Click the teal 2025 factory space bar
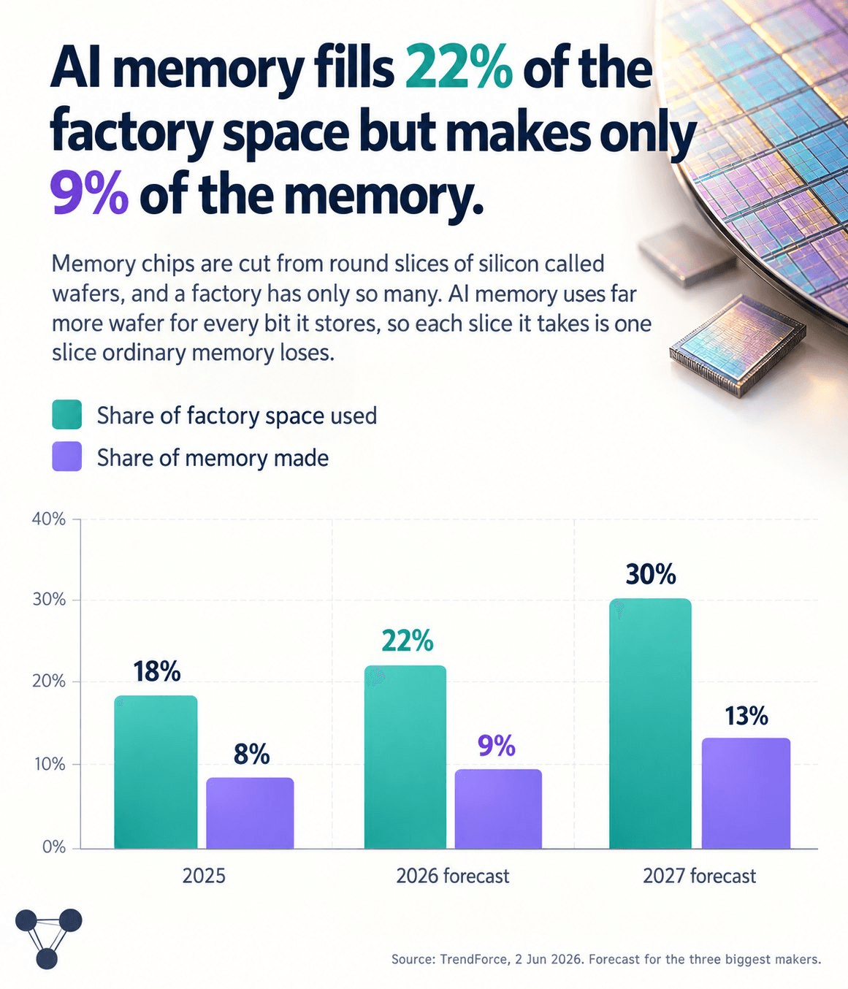(x=156, y=772)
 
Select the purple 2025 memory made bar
(x=250, y=813)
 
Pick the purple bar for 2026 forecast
(x=498, y=809)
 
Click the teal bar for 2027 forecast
(x=650, y=723)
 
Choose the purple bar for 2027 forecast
(x=746, y=793)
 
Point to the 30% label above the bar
(x=650, y=574)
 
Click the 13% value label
(x=746, y=717)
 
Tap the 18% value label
(x=157, y=671)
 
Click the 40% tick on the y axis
(x=49, y=519)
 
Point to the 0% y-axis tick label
(x=53, y=847)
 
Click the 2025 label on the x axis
(x=204, y=876)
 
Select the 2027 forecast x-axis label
(x=699, y=876)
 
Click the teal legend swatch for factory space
(x=67, y=414)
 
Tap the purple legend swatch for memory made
(x=67, y=457)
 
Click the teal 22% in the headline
(x=459, y=70)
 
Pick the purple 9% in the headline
(x=90, y=194)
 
